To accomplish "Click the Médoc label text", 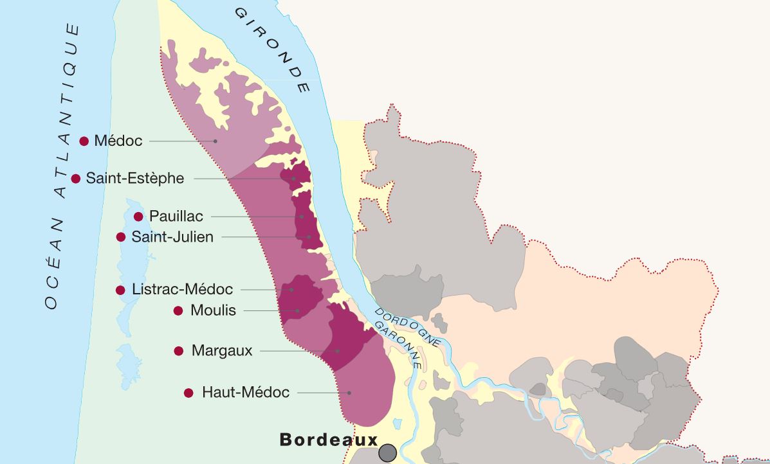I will click(118, 141).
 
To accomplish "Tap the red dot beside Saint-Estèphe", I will click(76, 179).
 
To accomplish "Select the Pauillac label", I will click(176, 217).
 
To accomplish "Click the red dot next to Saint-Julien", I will click(121, 237).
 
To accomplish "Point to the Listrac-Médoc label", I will click(182, 290).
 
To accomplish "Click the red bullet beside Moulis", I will click(178, 311).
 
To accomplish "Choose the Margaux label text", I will click(222, 351).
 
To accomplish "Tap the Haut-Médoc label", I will click(246, 392).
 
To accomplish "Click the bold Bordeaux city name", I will click(328, 440).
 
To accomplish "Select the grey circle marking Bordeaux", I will click(387, 453).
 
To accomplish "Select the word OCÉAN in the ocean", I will click(54, 263).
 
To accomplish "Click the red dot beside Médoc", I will click(84, 141).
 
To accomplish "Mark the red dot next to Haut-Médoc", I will click(188, 393).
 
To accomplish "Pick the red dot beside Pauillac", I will click(138, 217).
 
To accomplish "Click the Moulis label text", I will click(214, 311).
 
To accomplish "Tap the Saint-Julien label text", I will click(172, 237).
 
